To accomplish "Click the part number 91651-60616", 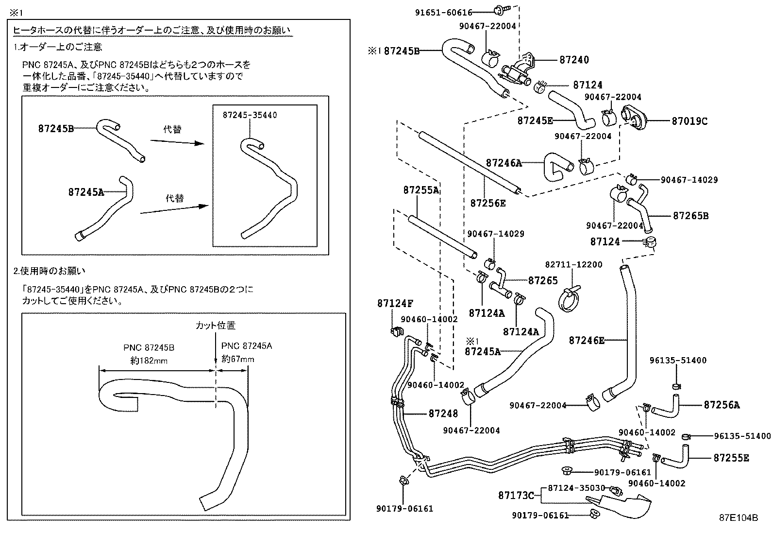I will coord(443,13).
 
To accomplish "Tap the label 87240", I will coord(574,60).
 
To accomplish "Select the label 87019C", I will coord(689,121).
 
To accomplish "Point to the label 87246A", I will coord(504,163).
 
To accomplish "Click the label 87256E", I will coord(487,203).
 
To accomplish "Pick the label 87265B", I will coord(690,216).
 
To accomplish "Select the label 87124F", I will coord(395,304).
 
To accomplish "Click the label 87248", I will coord(443,413).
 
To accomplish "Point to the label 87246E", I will coord(587,341).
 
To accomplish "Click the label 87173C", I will coord(516,496).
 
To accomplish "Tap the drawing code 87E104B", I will coord(738,518).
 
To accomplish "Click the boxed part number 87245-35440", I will coord(250,115).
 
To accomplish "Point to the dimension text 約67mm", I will coord(237,359).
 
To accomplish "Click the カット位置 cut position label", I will coord(215,326).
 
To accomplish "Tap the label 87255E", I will coord(731,458).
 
